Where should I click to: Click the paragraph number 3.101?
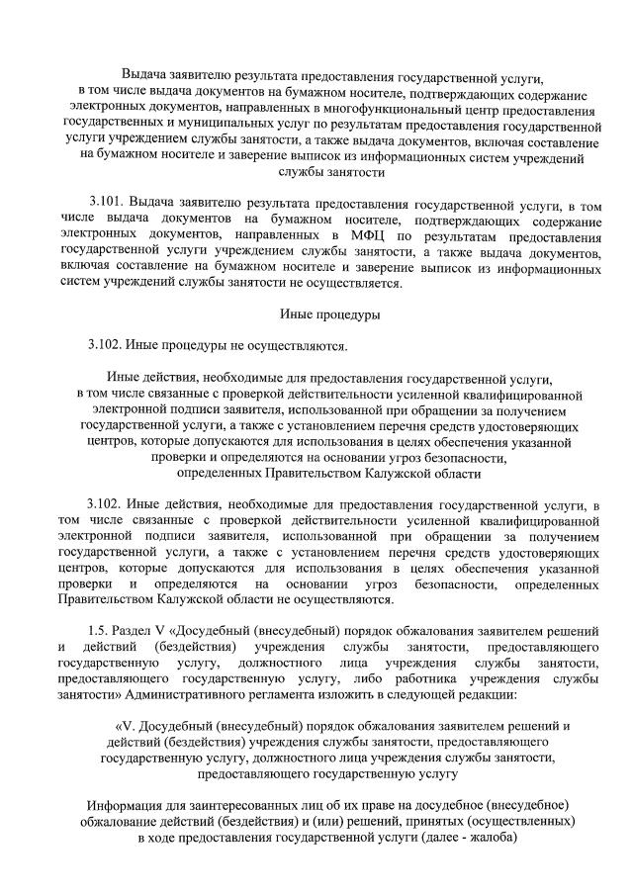106,202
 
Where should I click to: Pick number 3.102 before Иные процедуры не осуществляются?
106,345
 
